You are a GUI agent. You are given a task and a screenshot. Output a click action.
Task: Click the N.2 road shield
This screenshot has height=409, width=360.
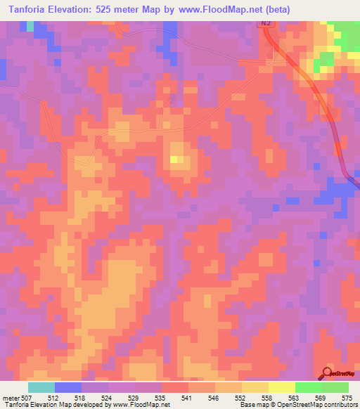265,25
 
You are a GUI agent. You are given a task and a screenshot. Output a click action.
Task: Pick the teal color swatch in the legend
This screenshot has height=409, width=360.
41,387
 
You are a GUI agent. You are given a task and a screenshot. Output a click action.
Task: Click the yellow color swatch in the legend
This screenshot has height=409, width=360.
281,387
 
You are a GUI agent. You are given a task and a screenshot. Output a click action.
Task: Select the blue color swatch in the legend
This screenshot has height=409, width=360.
68,387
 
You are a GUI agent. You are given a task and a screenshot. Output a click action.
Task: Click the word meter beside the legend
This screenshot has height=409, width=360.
11,398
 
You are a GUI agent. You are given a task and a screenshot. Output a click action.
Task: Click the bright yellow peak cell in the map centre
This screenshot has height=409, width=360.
174,160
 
